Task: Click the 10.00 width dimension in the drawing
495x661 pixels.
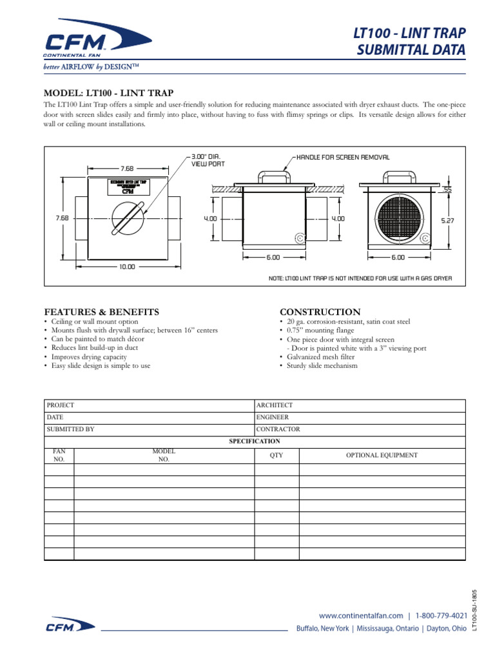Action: click(127, 266)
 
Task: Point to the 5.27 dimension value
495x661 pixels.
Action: click(447, 220)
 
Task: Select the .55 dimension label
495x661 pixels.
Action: click(447, 190)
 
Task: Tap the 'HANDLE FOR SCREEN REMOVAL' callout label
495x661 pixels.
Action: click(343, 157)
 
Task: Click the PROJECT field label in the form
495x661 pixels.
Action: click(60, 405)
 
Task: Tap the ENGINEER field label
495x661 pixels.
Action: click(273, 418)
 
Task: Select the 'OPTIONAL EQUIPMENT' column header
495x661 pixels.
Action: click(382, 455)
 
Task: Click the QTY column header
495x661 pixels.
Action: click(276, 455)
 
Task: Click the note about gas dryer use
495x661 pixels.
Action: click(360, 278)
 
